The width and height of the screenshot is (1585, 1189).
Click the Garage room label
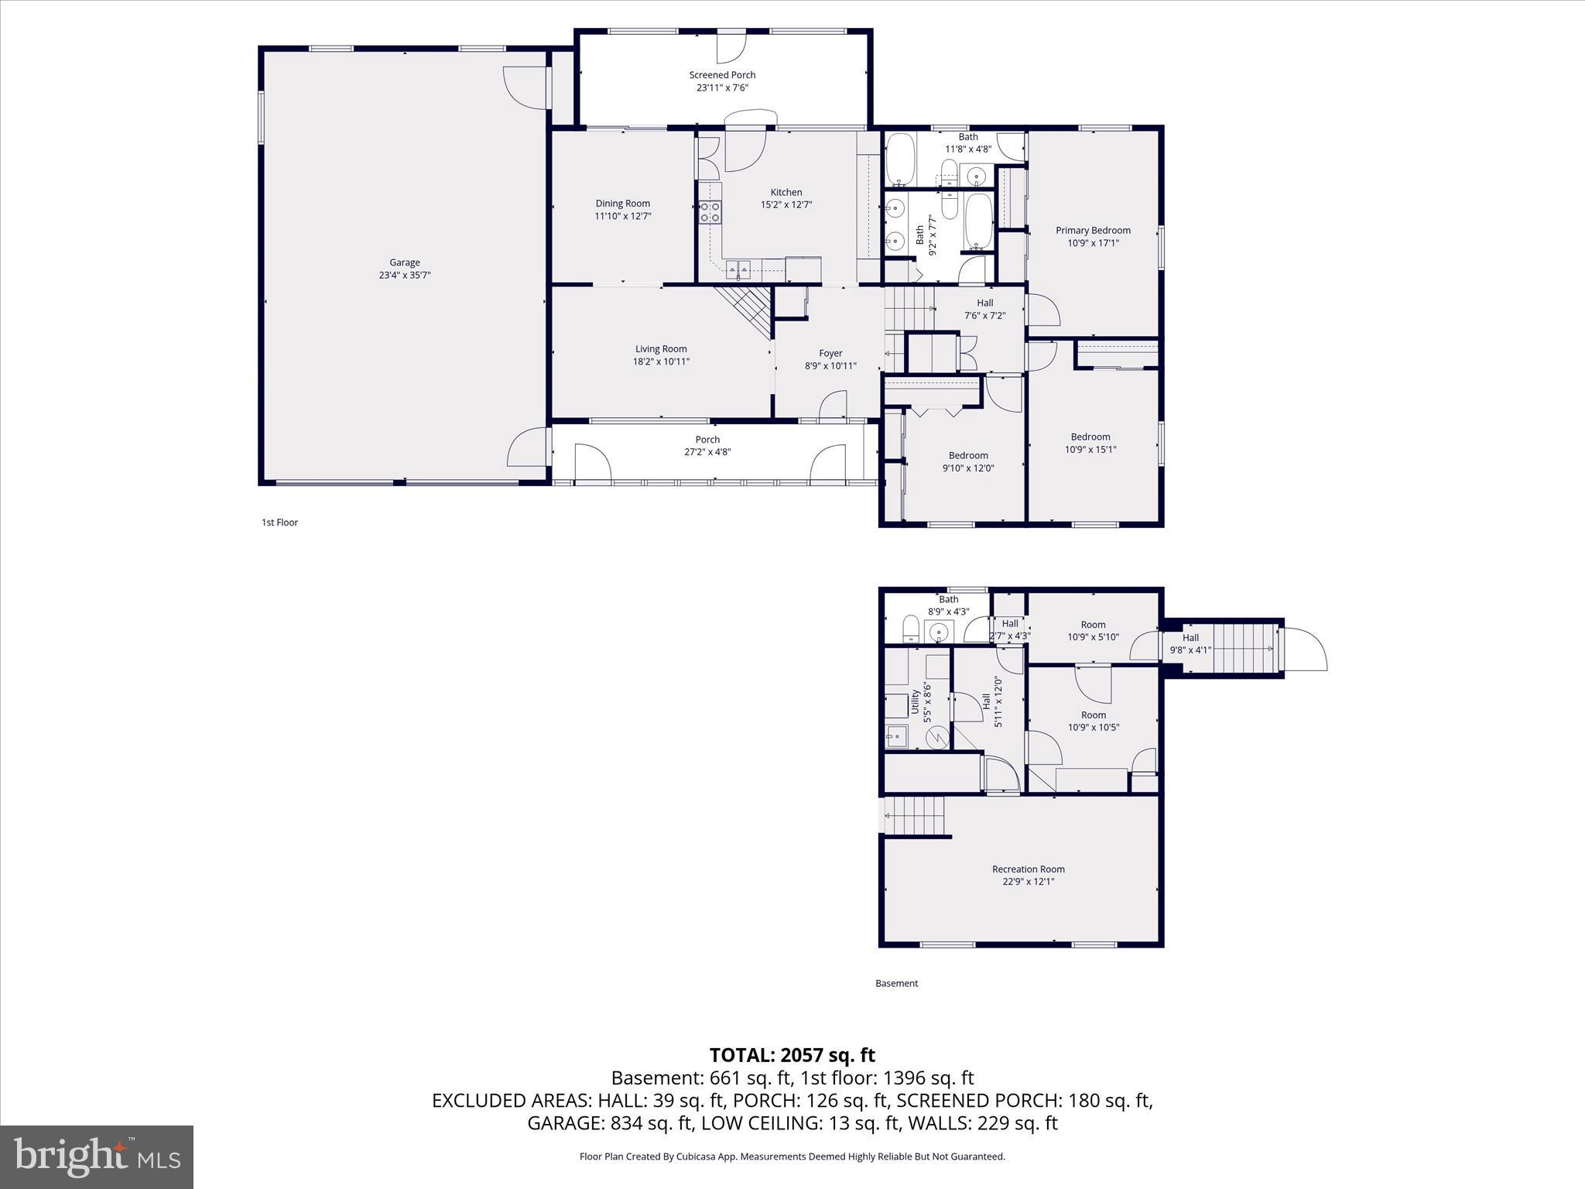click(x=404, y=262)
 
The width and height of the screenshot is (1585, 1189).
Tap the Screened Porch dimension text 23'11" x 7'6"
click(x=722, y=88)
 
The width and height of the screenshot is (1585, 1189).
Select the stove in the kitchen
click(x=710, y=211)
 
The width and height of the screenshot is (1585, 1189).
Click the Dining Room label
click(x=622, y=204)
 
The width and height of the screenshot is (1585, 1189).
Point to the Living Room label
click(x=661, y=349)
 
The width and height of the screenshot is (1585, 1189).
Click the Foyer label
click(x=830, y=354)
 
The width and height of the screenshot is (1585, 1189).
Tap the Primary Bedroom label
click(x=1093, y=231)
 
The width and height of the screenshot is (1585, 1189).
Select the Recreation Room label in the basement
click(x=1028, y=869)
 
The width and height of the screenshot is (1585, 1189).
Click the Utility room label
click(x=915, y=701)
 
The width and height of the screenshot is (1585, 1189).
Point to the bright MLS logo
click(x=97, y=1156)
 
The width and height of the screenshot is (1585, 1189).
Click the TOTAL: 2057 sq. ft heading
click(x=792, y=1055)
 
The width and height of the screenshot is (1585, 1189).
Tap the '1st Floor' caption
click(x=279, y=523)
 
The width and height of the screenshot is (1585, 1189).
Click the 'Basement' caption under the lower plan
click(x=896, y=983)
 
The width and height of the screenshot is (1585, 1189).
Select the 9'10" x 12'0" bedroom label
click(x=968, y=461)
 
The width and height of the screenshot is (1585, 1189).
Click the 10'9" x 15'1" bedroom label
click(x=1090, y=443)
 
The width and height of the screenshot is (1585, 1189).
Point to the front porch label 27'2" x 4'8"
click(x=707, y=446)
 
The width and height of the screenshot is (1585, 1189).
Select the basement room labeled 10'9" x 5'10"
click(x=1093, y=631)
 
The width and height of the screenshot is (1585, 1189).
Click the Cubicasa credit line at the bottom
click(x=792, y=1156)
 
